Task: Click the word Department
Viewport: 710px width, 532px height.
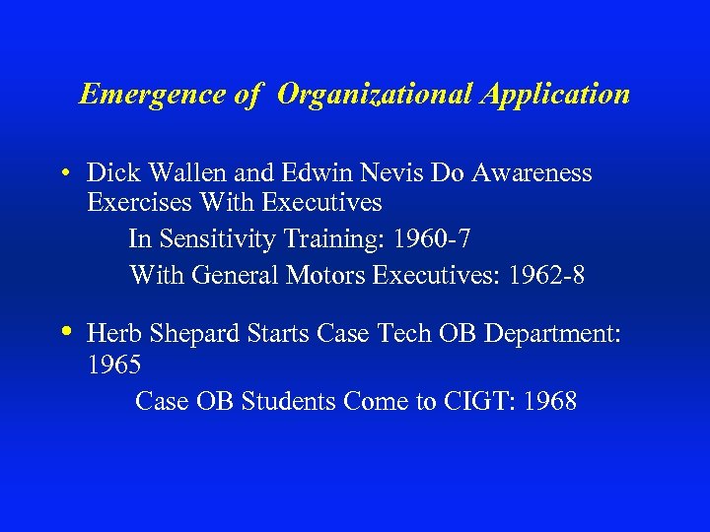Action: (x=550, y=334)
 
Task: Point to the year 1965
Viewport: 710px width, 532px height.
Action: (x=114, y=365)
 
